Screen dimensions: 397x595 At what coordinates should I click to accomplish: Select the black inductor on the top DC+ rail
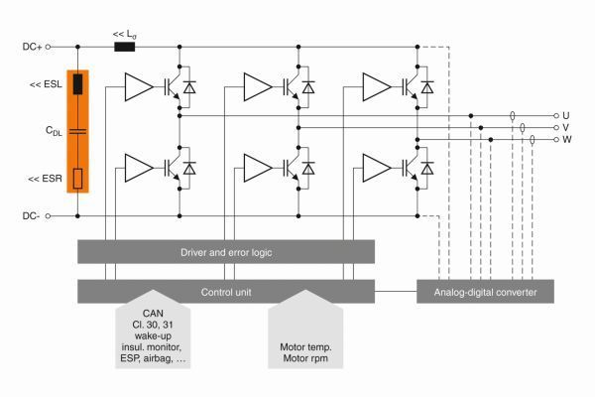126,46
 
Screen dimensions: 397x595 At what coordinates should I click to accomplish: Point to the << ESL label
42,85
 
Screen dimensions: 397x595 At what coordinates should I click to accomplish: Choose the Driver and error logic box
225,252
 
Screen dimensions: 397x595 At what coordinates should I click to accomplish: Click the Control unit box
225,291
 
